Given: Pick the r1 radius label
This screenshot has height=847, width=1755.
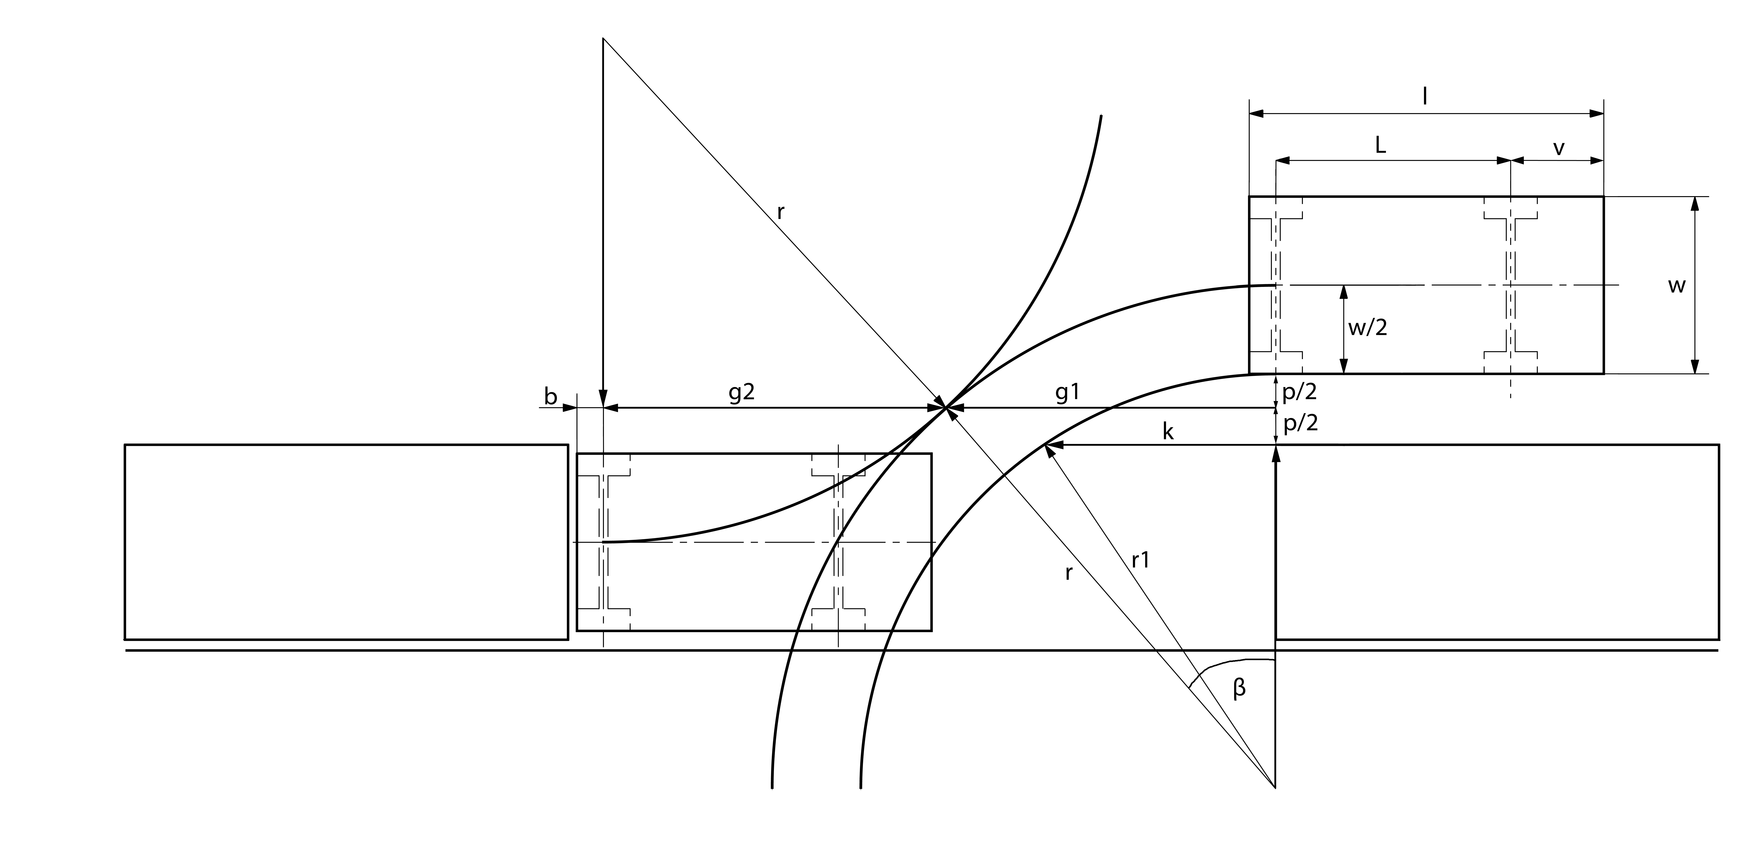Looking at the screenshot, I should point(1140,560).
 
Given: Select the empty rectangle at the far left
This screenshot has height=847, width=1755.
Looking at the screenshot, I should point(346,542).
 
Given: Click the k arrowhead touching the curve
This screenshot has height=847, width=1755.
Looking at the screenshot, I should point(1049,446).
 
